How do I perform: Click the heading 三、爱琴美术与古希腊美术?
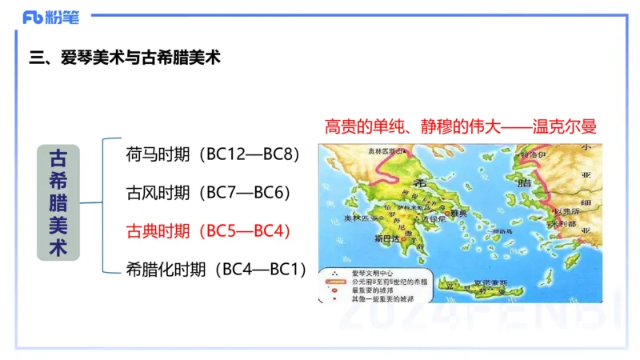(124, 58)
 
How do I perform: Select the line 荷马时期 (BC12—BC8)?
(212, 154)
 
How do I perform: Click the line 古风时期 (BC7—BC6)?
(207, 193)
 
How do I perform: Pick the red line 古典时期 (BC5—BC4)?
(207, 231)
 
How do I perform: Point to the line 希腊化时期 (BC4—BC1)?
(216, 270)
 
